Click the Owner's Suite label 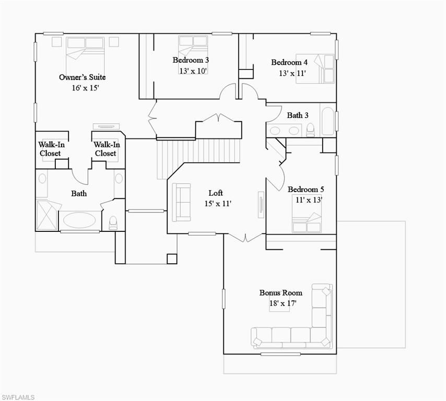tap(82, 77)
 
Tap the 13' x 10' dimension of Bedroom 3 tap(193, 71)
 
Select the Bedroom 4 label tap(289, 62)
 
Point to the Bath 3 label tap(298, 115)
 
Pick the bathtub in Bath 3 tap(328, 122)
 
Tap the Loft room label tap(216, 193)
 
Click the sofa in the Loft tap(181, 202)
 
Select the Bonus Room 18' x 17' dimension tap(283, 303)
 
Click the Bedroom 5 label tap(306, 190)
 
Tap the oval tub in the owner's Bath tap(79, 220)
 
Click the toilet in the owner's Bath tap(113, 222)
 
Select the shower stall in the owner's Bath tap(47, 215)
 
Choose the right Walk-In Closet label tap(107, 149)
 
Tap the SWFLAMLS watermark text tap(18, 397)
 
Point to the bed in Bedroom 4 tap(315, 68)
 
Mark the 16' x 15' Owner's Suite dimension tap(85, 88)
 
